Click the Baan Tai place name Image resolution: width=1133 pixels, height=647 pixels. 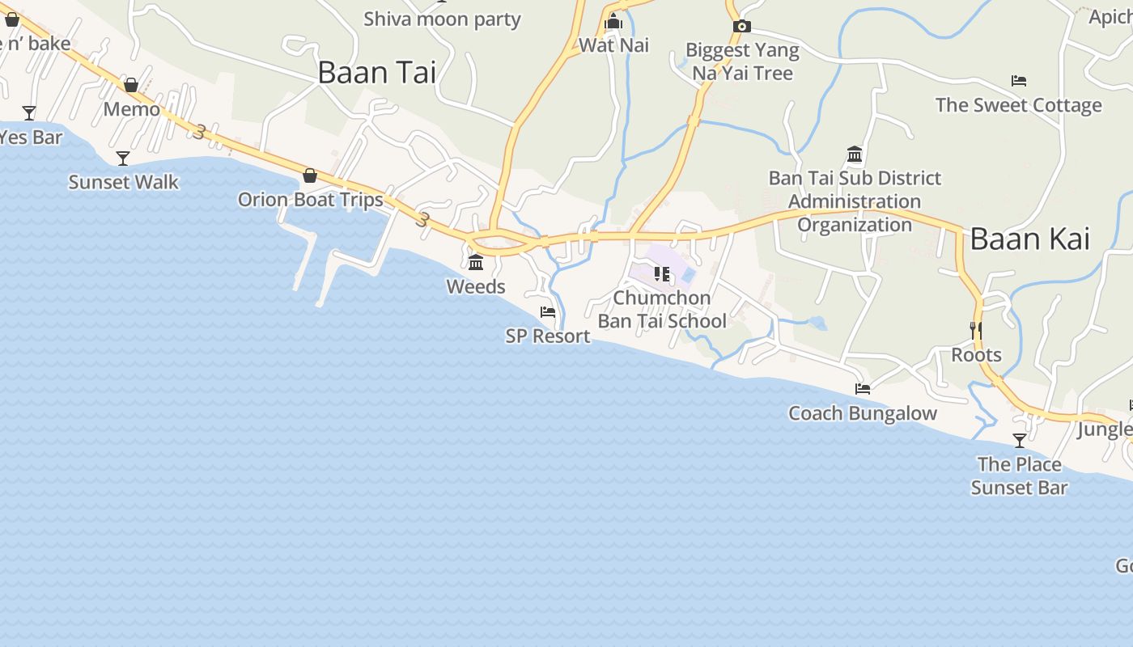(376, 73)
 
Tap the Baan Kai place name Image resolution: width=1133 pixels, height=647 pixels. (1029, 239)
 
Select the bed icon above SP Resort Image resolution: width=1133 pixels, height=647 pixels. (548, 312)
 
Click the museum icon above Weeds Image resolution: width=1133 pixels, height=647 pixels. (476, 263)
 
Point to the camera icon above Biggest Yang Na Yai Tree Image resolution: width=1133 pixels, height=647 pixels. (741, 27)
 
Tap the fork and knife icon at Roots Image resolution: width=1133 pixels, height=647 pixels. (976, 330)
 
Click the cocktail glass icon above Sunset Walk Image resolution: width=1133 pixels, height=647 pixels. (123, 158)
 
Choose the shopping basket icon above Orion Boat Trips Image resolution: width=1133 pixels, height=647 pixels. (310, 175)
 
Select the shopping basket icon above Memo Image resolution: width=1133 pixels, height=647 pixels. (131, 85)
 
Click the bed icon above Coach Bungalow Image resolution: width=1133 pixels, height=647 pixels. (863, 389)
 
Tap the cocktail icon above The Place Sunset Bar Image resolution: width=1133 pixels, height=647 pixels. (1020, 441)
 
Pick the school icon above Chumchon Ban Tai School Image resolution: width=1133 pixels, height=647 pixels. (662, 274)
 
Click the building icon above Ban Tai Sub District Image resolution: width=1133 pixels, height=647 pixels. (855, 154)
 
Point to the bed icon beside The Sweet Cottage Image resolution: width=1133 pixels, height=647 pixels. (1019, 81)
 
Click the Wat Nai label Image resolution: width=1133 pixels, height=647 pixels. (613, 45)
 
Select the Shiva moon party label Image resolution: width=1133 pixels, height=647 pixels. (442, 19)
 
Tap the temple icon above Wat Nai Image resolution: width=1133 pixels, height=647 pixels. (613, 21)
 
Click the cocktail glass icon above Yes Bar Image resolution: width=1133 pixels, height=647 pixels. (29, 113)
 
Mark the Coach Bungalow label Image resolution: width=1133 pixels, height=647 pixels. (863, 413)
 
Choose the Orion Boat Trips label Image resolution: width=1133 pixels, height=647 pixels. (310, 200)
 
